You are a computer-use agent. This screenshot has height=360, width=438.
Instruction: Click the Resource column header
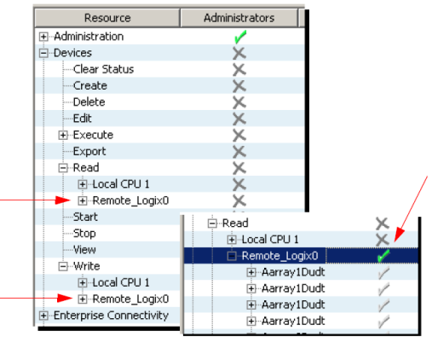click(x=107, y=18)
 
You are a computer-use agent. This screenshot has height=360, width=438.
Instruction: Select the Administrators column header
click(x=239, y=18)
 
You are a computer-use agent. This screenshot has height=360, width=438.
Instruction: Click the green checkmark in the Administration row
click(x=240, y=37)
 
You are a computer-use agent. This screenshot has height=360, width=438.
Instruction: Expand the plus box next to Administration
click(x=43, y=37)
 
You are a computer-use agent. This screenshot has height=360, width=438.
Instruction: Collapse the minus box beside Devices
click(x=43, y=53)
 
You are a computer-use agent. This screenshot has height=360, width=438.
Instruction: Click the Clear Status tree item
click(x=103, y=69)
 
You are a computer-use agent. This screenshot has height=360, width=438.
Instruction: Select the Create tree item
click(x=90, y=85)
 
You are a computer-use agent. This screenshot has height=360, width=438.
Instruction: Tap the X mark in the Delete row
click(x=239, y=102)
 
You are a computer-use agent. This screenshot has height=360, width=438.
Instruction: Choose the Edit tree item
click(x=83, y=119)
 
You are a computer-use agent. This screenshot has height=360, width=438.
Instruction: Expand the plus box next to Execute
click(x=63, y=135)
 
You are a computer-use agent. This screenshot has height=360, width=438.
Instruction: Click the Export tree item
click(x=89, y=152)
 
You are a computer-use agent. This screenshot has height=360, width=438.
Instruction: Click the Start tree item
click(x=85, y=217)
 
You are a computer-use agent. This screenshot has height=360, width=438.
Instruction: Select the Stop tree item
click(x=84, y=234)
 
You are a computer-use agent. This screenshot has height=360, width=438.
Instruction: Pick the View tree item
click(x=84, y=250)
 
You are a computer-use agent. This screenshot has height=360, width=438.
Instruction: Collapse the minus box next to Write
click(x=63, y=266)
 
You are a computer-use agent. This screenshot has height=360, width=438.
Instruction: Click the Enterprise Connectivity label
click(x=111, y=316)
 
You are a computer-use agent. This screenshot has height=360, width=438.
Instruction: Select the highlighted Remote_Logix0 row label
click(x=280, y=256)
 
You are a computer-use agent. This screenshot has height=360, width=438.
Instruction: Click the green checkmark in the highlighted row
click(x=383, y=255)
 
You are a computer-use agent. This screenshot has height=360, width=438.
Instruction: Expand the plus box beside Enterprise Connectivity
click(x=43, y=316)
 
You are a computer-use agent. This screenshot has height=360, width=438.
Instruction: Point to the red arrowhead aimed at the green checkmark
click(x=399, y=235)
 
